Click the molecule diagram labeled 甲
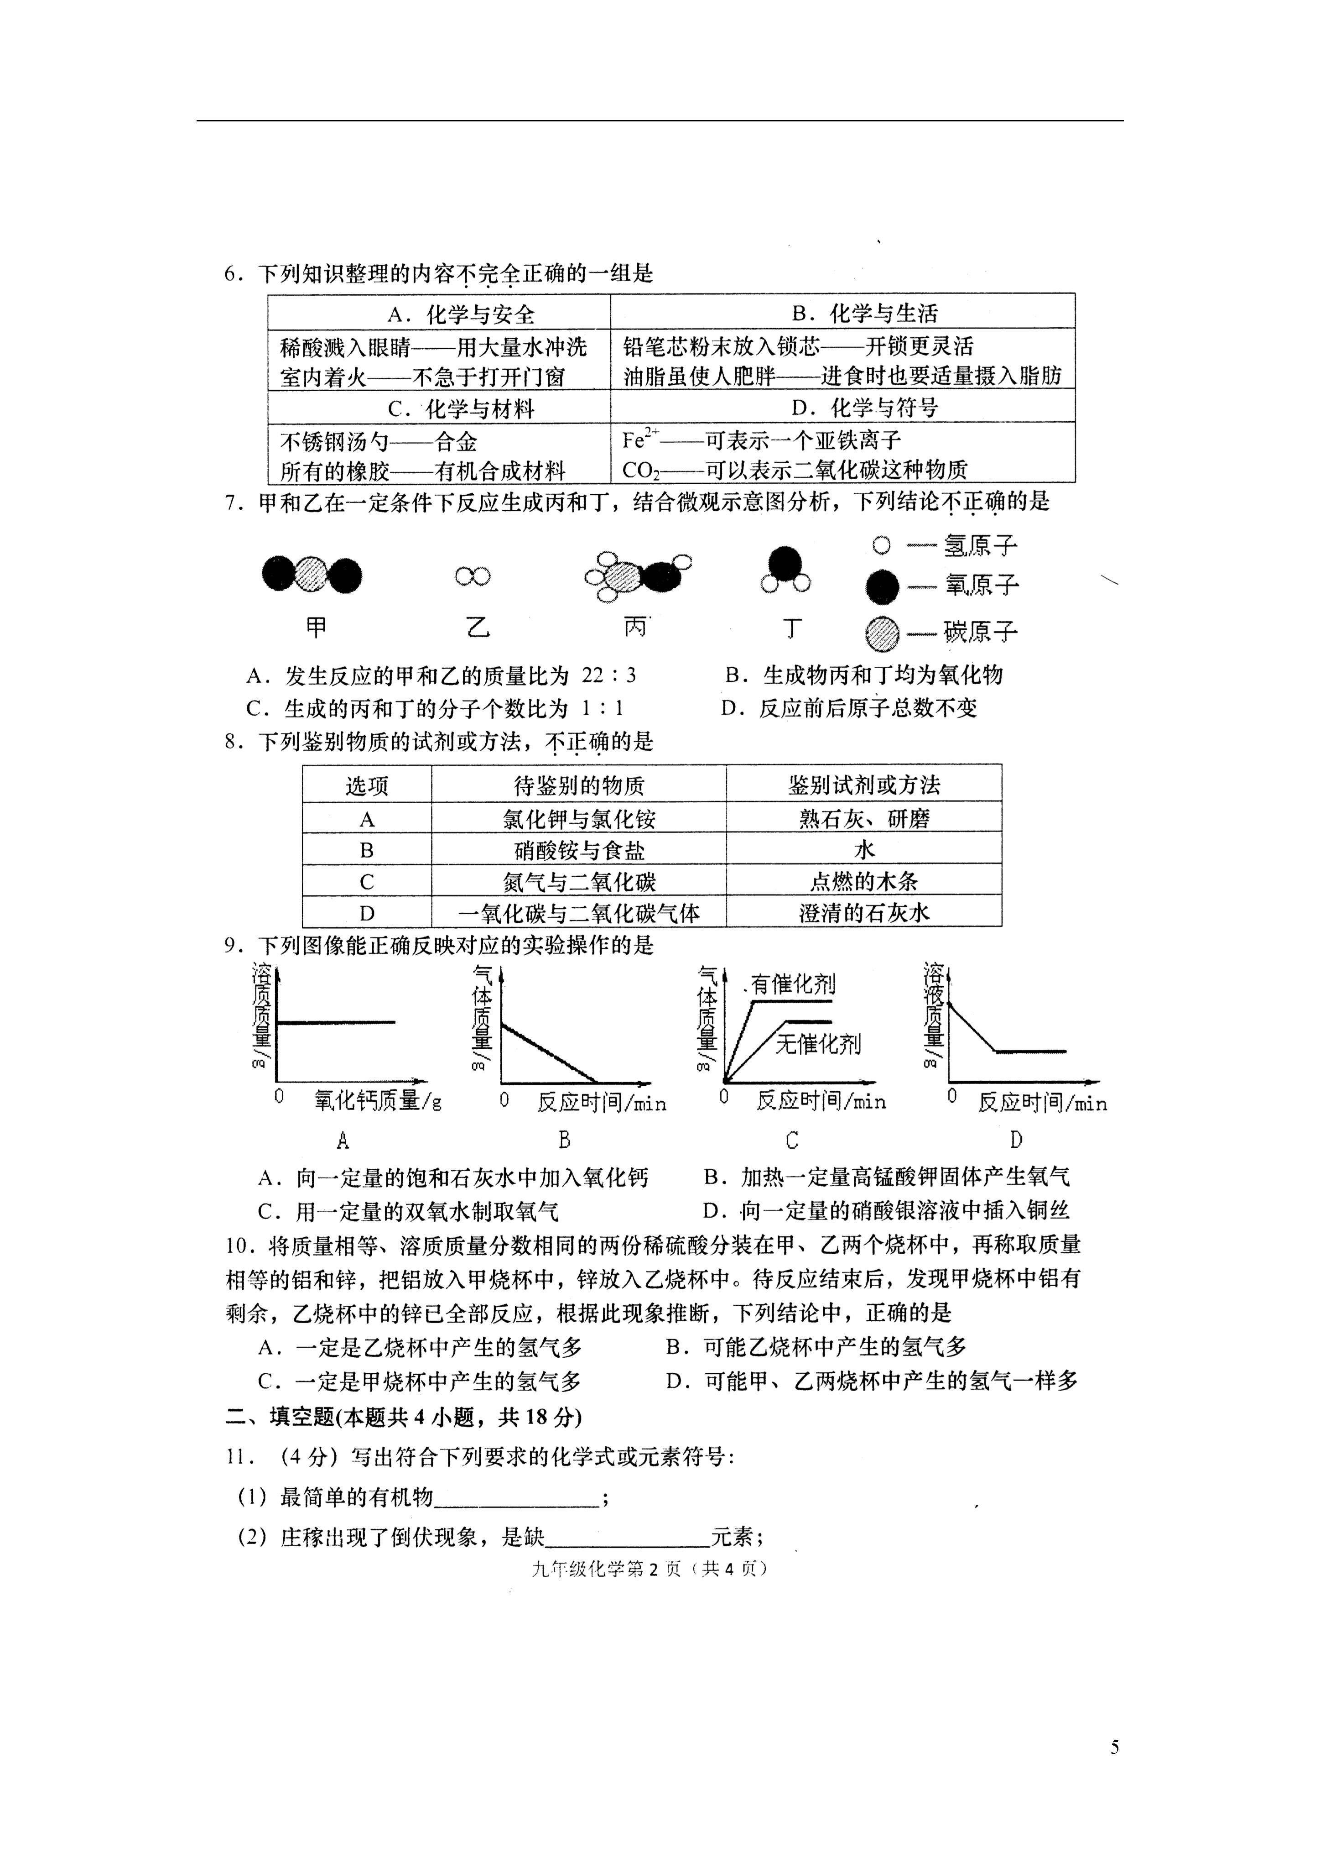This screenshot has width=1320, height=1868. point(312,575)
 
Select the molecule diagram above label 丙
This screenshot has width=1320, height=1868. point(638,576)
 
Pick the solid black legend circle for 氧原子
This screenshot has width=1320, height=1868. point(883,586)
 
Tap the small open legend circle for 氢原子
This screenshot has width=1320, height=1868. point(882,545)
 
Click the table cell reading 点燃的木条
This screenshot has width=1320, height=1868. point(864,881)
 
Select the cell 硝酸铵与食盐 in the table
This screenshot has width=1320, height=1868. point(579,850)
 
